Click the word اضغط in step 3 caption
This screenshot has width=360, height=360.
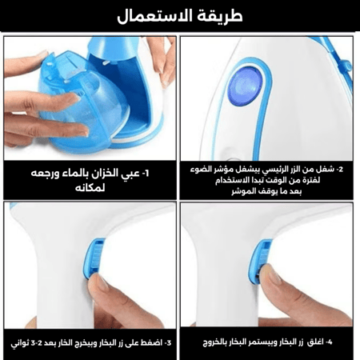point(151,342)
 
